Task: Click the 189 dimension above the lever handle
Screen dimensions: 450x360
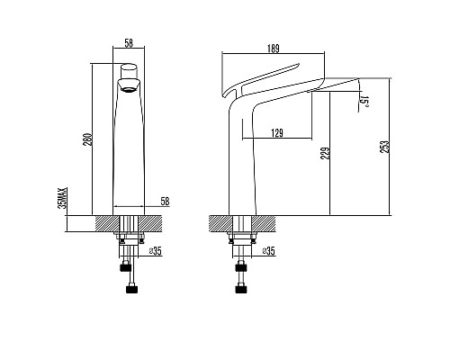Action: [274, 49]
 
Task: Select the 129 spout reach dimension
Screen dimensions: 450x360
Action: [277, 132]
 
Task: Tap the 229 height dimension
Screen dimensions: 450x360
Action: [326, 153]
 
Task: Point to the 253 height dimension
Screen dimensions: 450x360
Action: [385, 147]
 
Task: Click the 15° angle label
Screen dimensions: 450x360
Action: [365, 101]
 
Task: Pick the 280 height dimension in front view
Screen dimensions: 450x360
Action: [87, 139]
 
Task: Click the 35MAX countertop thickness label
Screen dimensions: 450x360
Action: [63, 198]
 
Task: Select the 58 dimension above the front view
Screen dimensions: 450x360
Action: [129, 43]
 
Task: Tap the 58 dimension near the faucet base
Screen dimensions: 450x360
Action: [165, 202]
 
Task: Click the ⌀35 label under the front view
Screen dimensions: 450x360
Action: [156, 251]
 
